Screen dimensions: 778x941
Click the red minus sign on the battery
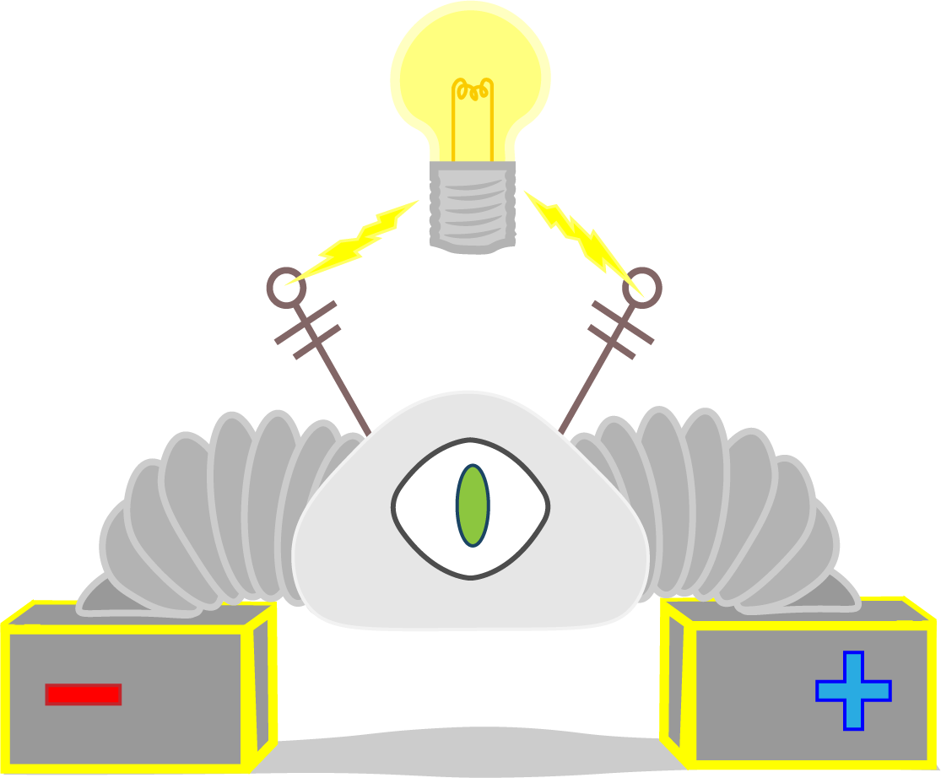click(x=83, y=694)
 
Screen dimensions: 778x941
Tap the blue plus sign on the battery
click(x=853, y=690)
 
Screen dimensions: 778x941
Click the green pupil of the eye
click(x=473, y=505)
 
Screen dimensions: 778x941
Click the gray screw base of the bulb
click(x=472, y=207)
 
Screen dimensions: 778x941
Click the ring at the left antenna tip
click(x=285, y=286)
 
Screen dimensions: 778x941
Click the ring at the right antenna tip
click(x=643, y=286)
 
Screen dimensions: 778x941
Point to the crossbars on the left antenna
click(x=309, y=329)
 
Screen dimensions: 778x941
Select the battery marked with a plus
click(x=802, y=692)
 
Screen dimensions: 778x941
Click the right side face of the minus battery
click(x=262, y=683)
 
